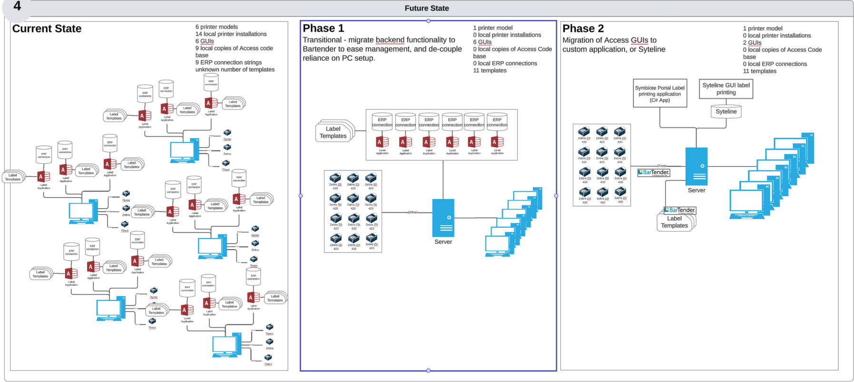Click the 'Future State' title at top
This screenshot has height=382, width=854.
click(x=426, y=8)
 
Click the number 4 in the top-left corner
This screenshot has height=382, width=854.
click(x=17, y=6)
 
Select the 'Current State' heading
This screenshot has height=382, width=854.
click(x=47, y=29)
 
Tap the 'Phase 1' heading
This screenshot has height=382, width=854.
click(x=323, y=28)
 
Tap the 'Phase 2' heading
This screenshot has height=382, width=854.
click(x=583, y=29)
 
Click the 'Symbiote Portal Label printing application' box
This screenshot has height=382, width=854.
click(x=659, y=94)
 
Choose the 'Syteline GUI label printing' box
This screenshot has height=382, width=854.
click(x=726, y=89)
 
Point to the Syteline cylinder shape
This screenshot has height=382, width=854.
click(x=726, y=112)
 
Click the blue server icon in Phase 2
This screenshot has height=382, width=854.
click(x=696, y=166)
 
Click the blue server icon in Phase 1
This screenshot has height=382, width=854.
click(x=443, y=218)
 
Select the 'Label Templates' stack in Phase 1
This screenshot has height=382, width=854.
click(x=333, y=132)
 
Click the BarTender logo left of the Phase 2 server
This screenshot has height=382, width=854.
click(x=653, y=172)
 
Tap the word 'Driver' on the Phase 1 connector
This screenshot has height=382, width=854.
click(x=412, y=212)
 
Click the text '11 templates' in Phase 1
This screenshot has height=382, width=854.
click(x=490, y=70)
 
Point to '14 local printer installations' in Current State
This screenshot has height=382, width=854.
click(x=231, y=34)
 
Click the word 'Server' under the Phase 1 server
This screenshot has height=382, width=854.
click(x=443, y=242)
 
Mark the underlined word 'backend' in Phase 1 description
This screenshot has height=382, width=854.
click(x=390, y=40)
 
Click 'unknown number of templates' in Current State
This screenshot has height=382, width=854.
click(x=235, y=70)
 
